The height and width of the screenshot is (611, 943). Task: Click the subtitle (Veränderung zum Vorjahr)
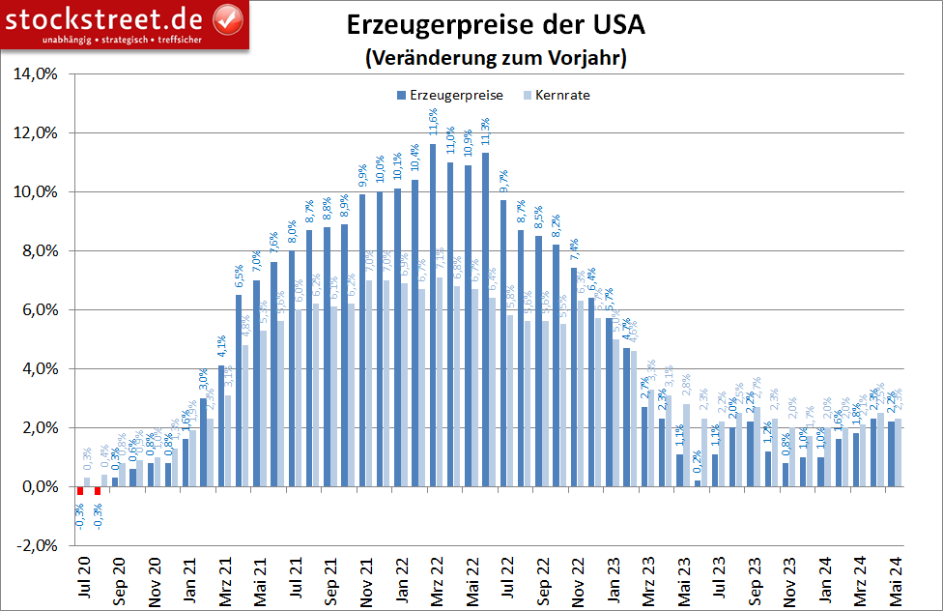(497, 58)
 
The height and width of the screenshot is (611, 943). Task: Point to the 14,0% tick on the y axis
(35, 73)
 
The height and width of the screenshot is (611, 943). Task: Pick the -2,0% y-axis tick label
(36, 545)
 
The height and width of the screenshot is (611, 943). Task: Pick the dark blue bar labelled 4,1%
(220, 425)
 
